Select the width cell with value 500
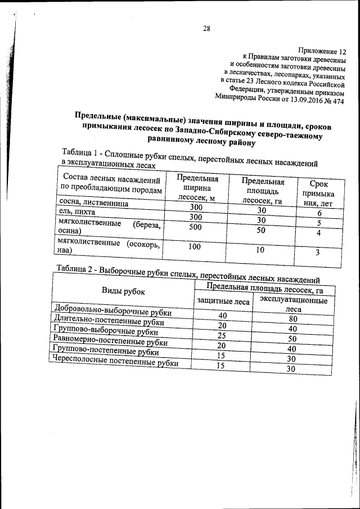tap(195, 227)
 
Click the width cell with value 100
tap(195, 246)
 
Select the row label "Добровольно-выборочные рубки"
tap(111, 311)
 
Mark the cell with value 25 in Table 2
tap(222, 335)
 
